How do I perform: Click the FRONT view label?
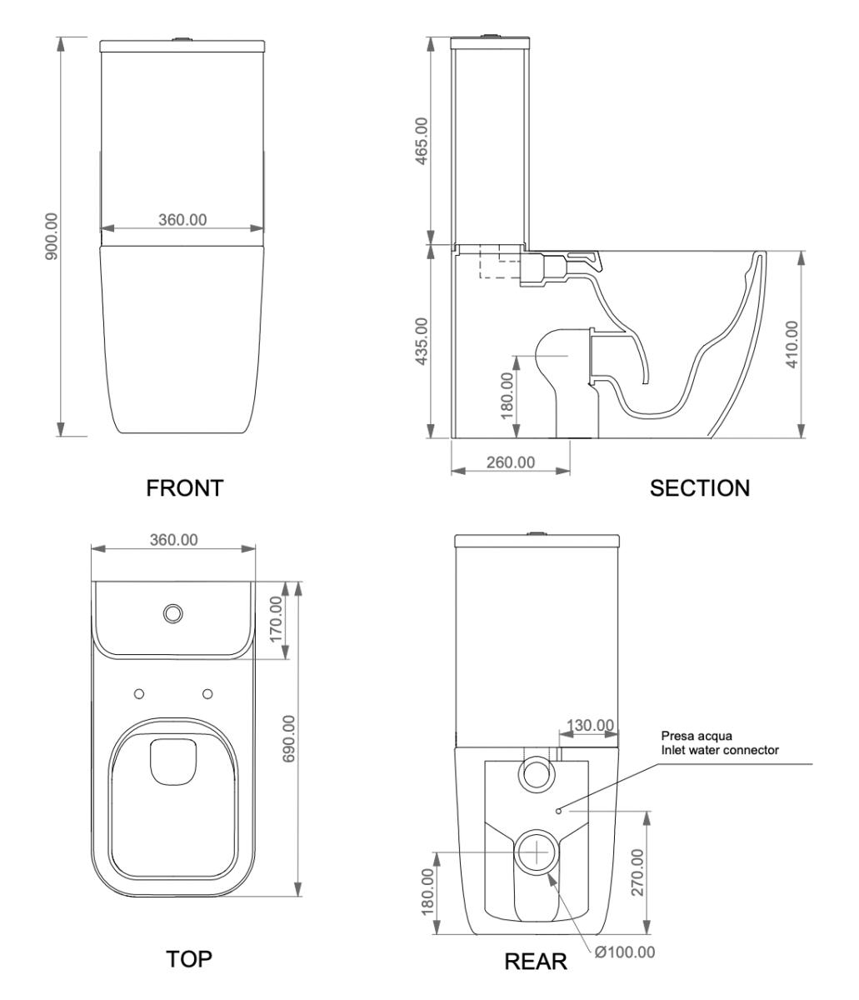pos(184,487)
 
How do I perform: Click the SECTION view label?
pos(699,487)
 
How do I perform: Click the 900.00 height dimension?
pos(52,237)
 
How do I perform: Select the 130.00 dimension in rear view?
pos(590,726)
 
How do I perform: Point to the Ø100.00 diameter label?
pos(625,952)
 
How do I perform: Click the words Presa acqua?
pos(691,736)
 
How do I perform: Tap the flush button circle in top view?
pos(173,613)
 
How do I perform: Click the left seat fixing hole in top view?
pos(139,693)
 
